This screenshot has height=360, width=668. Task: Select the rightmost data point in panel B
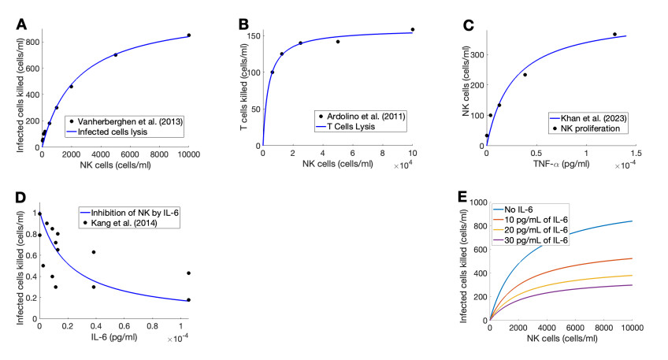tap(412, 29)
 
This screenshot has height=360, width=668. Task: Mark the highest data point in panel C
tap(614, 34)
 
